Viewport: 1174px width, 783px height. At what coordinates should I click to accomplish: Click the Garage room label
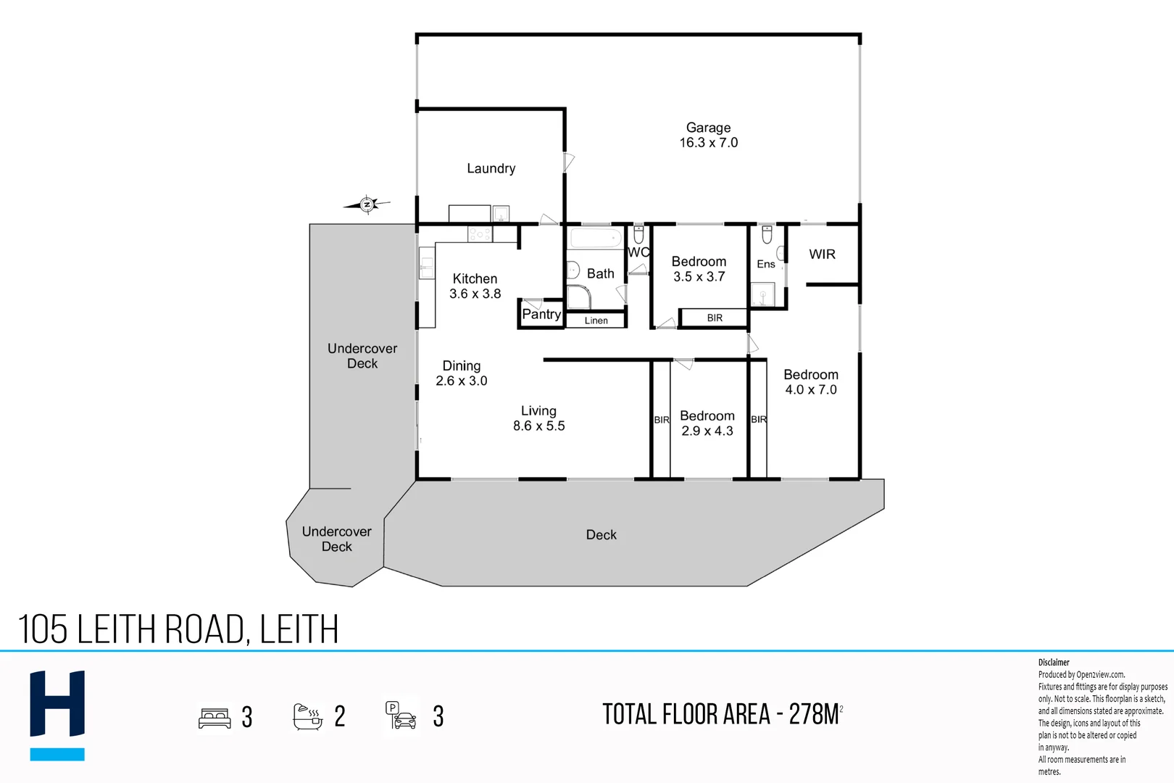(x=708, y=128)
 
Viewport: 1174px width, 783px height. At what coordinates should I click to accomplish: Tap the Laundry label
(x=491, y=168)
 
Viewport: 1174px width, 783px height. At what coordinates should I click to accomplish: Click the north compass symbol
(x=367, y=204)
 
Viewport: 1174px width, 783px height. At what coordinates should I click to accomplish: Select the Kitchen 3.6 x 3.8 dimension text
(x=475, y=294)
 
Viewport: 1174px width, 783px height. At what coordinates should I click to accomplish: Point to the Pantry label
(x=541, y=314)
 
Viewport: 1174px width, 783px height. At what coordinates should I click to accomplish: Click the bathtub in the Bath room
(x=595, y=238)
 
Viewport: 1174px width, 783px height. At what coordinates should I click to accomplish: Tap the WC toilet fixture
(x=638, y=234)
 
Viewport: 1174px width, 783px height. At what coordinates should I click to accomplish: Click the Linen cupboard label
(x=596, y=320)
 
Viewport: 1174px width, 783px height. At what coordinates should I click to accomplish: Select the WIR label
(x=822, y=254)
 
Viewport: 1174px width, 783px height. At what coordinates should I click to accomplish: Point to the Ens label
(x=765, y=264)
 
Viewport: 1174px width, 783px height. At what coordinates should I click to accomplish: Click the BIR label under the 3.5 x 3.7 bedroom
(x=715, y=318)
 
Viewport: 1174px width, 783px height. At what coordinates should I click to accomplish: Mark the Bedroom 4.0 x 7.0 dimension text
(x=810, y=389)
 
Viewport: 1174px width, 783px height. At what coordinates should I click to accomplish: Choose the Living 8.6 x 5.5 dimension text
(x=538, y=426)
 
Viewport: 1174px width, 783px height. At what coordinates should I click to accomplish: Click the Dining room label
(x=462, y=365)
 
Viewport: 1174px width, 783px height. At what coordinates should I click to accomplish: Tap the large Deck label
(x=601, y=534)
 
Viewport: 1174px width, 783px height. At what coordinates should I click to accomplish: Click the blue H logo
(x=57, y=714)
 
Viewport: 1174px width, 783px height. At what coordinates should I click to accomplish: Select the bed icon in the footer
(x=215, y=718)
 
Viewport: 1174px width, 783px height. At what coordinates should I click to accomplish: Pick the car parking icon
(x=401, y=716)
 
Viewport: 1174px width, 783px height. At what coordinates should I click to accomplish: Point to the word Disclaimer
(x=1054, y=662)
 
